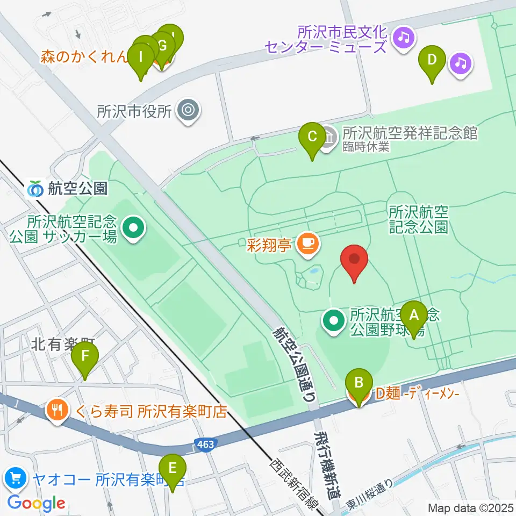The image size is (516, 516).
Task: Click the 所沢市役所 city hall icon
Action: (x=188, y=111)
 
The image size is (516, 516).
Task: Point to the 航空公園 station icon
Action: (x=36, y=189)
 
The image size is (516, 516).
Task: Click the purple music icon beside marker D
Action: (x=460, y=63)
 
